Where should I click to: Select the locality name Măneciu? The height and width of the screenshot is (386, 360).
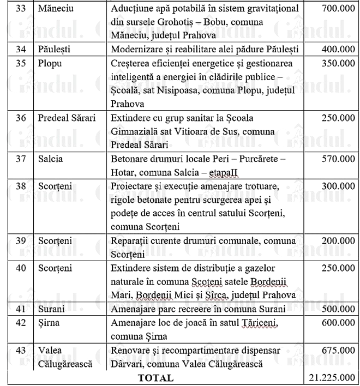pos(56,10)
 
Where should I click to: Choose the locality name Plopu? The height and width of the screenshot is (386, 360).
pos(51,63)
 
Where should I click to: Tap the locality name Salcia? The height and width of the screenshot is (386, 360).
pos(51,159)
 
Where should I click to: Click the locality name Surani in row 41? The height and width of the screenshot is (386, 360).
pos(52,309)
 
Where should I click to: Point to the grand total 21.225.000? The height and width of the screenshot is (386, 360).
pos(332,377)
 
